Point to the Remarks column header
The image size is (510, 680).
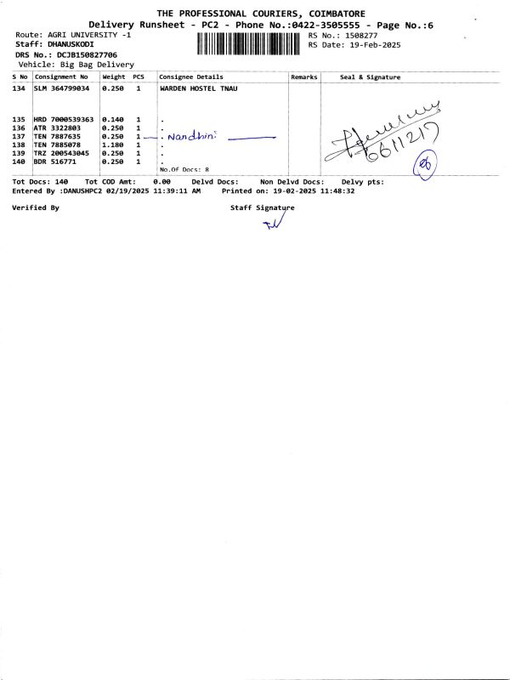tap(303, 77)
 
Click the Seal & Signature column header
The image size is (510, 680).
tap(370, 77)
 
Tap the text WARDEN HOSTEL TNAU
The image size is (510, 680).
tap(197, 88)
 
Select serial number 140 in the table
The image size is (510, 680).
tap(19, 161)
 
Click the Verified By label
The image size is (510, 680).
tap(36, 207)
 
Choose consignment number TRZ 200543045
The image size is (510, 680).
tap(62, 153)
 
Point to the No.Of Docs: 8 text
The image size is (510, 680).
tap(184, 169)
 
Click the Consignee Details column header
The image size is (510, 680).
tap(191, 77)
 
